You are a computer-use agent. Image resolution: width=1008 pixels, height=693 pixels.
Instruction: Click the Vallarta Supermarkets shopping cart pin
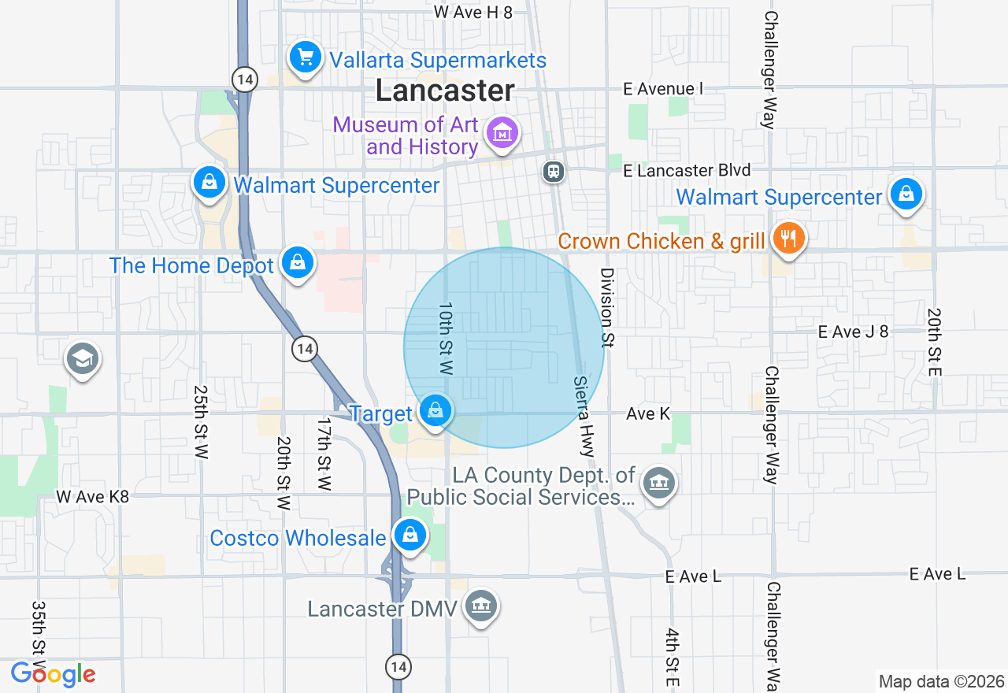click(x=305, y=57)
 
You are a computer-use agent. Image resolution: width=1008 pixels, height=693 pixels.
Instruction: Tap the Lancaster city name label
click(x=445, y=91)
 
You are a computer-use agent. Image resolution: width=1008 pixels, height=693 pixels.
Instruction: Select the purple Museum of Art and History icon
click(x=502, y=133)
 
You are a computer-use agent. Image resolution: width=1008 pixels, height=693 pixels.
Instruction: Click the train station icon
click(x=554, y=171)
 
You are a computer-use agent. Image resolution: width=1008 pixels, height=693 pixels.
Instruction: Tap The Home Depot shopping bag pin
click(x=297, y=263)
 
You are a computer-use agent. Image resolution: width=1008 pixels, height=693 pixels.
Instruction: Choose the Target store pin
click(x=435, y=410)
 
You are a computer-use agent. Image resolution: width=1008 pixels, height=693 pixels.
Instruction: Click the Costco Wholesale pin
click(x=409, y=535)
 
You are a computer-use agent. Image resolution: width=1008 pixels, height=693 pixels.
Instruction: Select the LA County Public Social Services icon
click(x=658, y=482)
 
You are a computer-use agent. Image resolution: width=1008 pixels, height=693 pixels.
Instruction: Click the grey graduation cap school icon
click(x=83, y=359)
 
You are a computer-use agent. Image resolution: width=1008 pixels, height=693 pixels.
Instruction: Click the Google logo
click(x=53, y=674)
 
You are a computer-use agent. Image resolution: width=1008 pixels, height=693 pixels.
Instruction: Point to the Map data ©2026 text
click(x=941, y=681)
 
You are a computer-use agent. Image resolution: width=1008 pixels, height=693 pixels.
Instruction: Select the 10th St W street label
click(x=447, y=338)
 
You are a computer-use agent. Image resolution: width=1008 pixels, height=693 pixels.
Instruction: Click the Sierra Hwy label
click(x=584, y=415)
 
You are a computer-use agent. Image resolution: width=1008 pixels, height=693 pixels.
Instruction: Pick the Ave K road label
click(x=648, y=413)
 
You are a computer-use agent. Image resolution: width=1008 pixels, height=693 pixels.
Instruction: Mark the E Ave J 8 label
click(x=853, y=332)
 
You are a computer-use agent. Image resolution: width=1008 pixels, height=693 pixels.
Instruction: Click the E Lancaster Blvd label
click(x=686, y=170)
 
